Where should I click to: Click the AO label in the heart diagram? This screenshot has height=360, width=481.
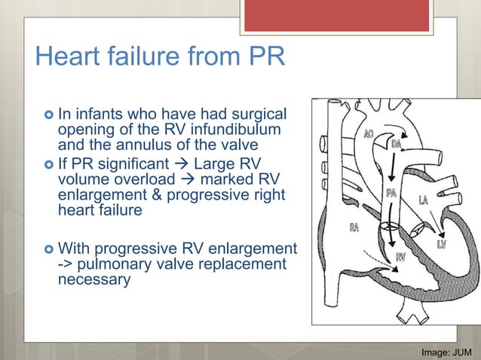[369, 134]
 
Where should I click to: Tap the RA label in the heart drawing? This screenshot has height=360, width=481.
[354, 227]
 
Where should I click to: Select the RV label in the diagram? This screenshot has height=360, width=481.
[403, 257]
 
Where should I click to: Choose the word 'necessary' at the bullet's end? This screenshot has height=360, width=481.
[93, 279]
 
